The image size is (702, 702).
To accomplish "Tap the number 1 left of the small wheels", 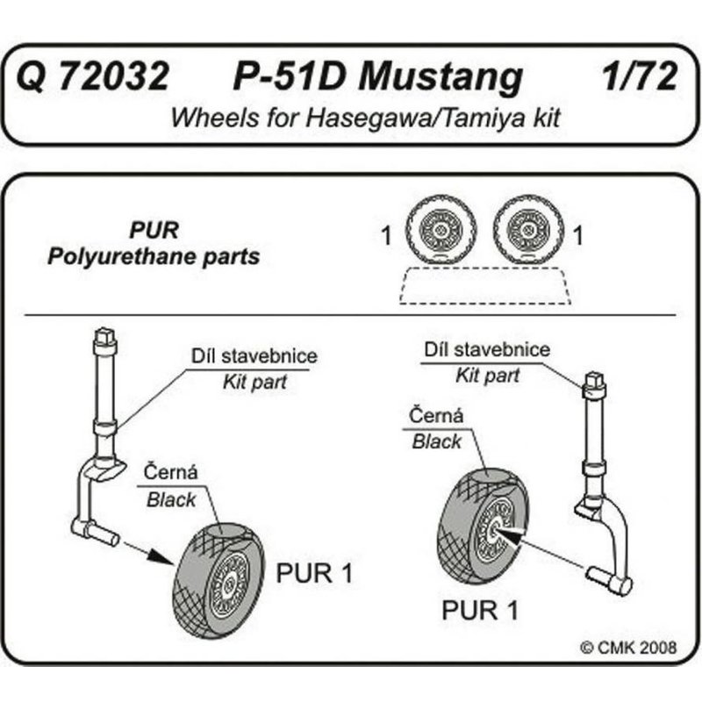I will pos(385,235).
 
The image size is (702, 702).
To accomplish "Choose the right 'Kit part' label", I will pos(487,376).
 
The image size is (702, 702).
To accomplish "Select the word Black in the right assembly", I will pos(436,441).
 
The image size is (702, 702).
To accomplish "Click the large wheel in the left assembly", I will pos(219,575).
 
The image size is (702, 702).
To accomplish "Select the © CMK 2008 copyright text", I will pos(628,648).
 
